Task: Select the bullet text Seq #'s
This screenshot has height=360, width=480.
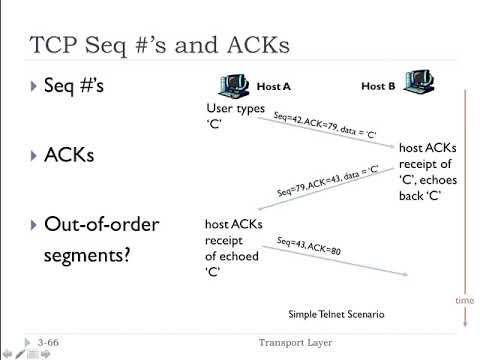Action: click(x=73, y=87)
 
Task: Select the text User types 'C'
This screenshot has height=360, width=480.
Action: click(x=232, y=115)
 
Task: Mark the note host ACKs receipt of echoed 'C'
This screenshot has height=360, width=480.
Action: click(x=233, y=248)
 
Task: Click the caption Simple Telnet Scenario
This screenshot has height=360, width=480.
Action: click(x=335, y=314)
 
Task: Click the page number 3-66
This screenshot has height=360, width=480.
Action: click(x=48, y=342)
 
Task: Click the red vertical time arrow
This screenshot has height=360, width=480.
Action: click(x=466, y=200)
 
